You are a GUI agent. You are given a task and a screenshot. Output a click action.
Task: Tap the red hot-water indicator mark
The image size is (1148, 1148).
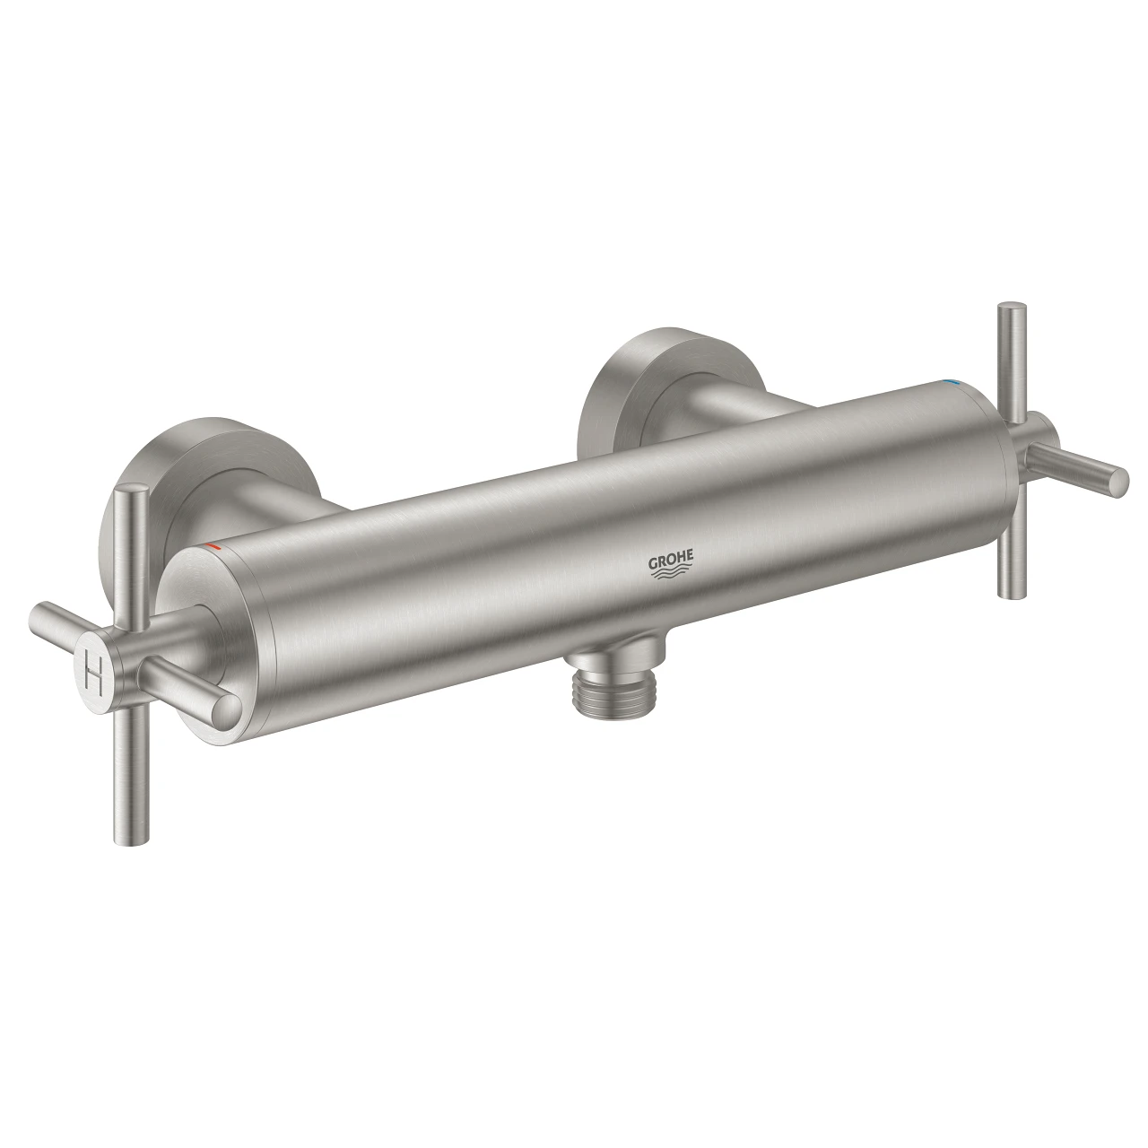coord(211,545)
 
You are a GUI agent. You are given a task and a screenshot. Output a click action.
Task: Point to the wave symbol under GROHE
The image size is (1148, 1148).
coord(672,579)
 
